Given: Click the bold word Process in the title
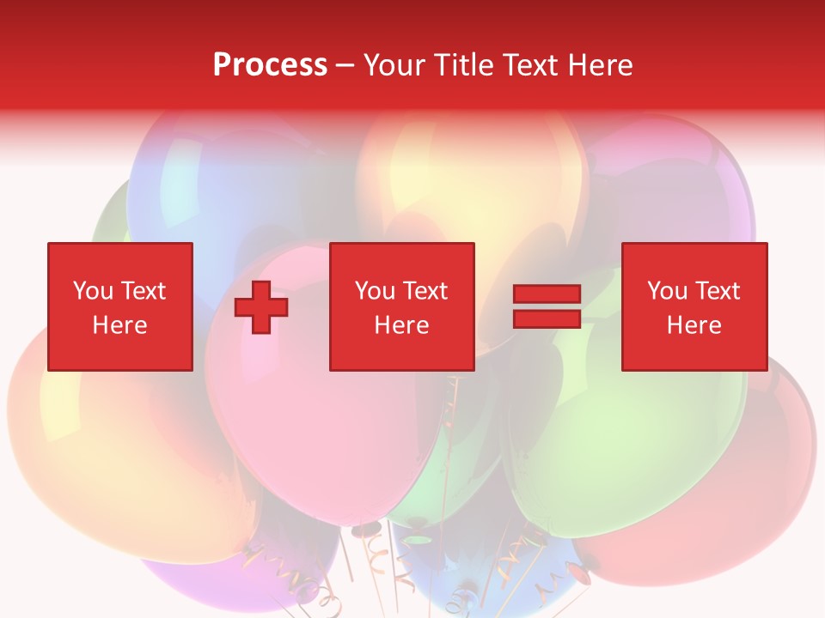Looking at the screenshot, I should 270,65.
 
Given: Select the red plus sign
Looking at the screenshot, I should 261,307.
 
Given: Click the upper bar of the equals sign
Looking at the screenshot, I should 547,294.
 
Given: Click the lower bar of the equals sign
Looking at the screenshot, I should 547,318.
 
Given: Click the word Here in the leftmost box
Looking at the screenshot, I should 119,325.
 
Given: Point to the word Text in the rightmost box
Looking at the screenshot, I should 718,291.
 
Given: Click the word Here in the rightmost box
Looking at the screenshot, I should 694,325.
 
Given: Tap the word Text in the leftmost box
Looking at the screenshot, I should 143,291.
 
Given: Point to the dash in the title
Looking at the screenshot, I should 345,66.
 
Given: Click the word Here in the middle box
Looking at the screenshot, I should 401,325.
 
